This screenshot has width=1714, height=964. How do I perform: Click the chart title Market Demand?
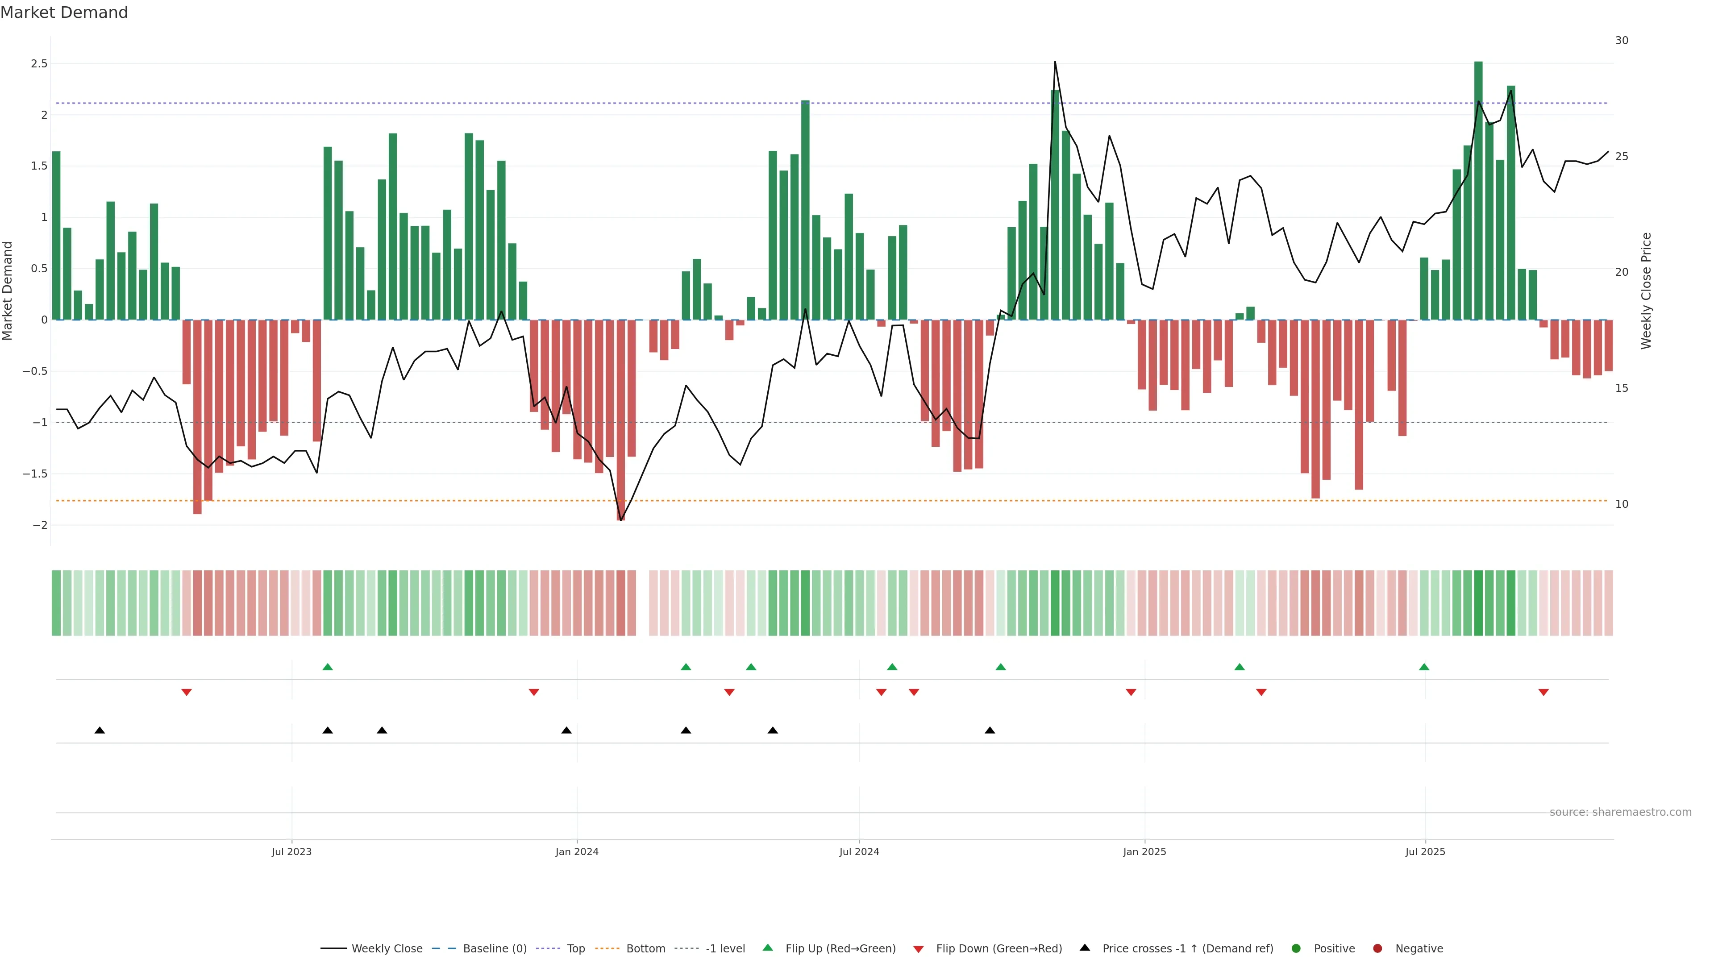click(64, 12)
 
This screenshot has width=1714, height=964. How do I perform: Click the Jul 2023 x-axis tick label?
click(291, 852)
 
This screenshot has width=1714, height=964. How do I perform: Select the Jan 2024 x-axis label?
click(577, 852)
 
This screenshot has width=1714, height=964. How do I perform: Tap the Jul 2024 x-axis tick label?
click(859, 852)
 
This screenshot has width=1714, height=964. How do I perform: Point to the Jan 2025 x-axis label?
click(1144, 852)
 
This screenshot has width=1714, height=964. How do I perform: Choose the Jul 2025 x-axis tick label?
click(1425, 852)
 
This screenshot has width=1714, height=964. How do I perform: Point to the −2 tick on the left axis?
click(40, 525)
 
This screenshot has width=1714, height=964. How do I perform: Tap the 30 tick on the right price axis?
click(1622, 41)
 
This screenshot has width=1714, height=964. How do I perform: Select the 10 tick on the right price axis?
click(1622, 504)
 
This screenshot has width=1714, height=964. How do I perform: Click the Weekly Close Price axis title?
click(1646, 291)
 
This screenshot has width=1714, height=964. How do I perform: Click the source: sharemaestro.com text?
click(1620, 812)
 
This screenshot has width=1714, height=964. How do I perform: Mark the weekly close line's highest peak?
click(1055, 62)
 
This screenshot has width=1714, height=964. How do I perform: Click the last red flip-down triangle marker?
click(1543, 693)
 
